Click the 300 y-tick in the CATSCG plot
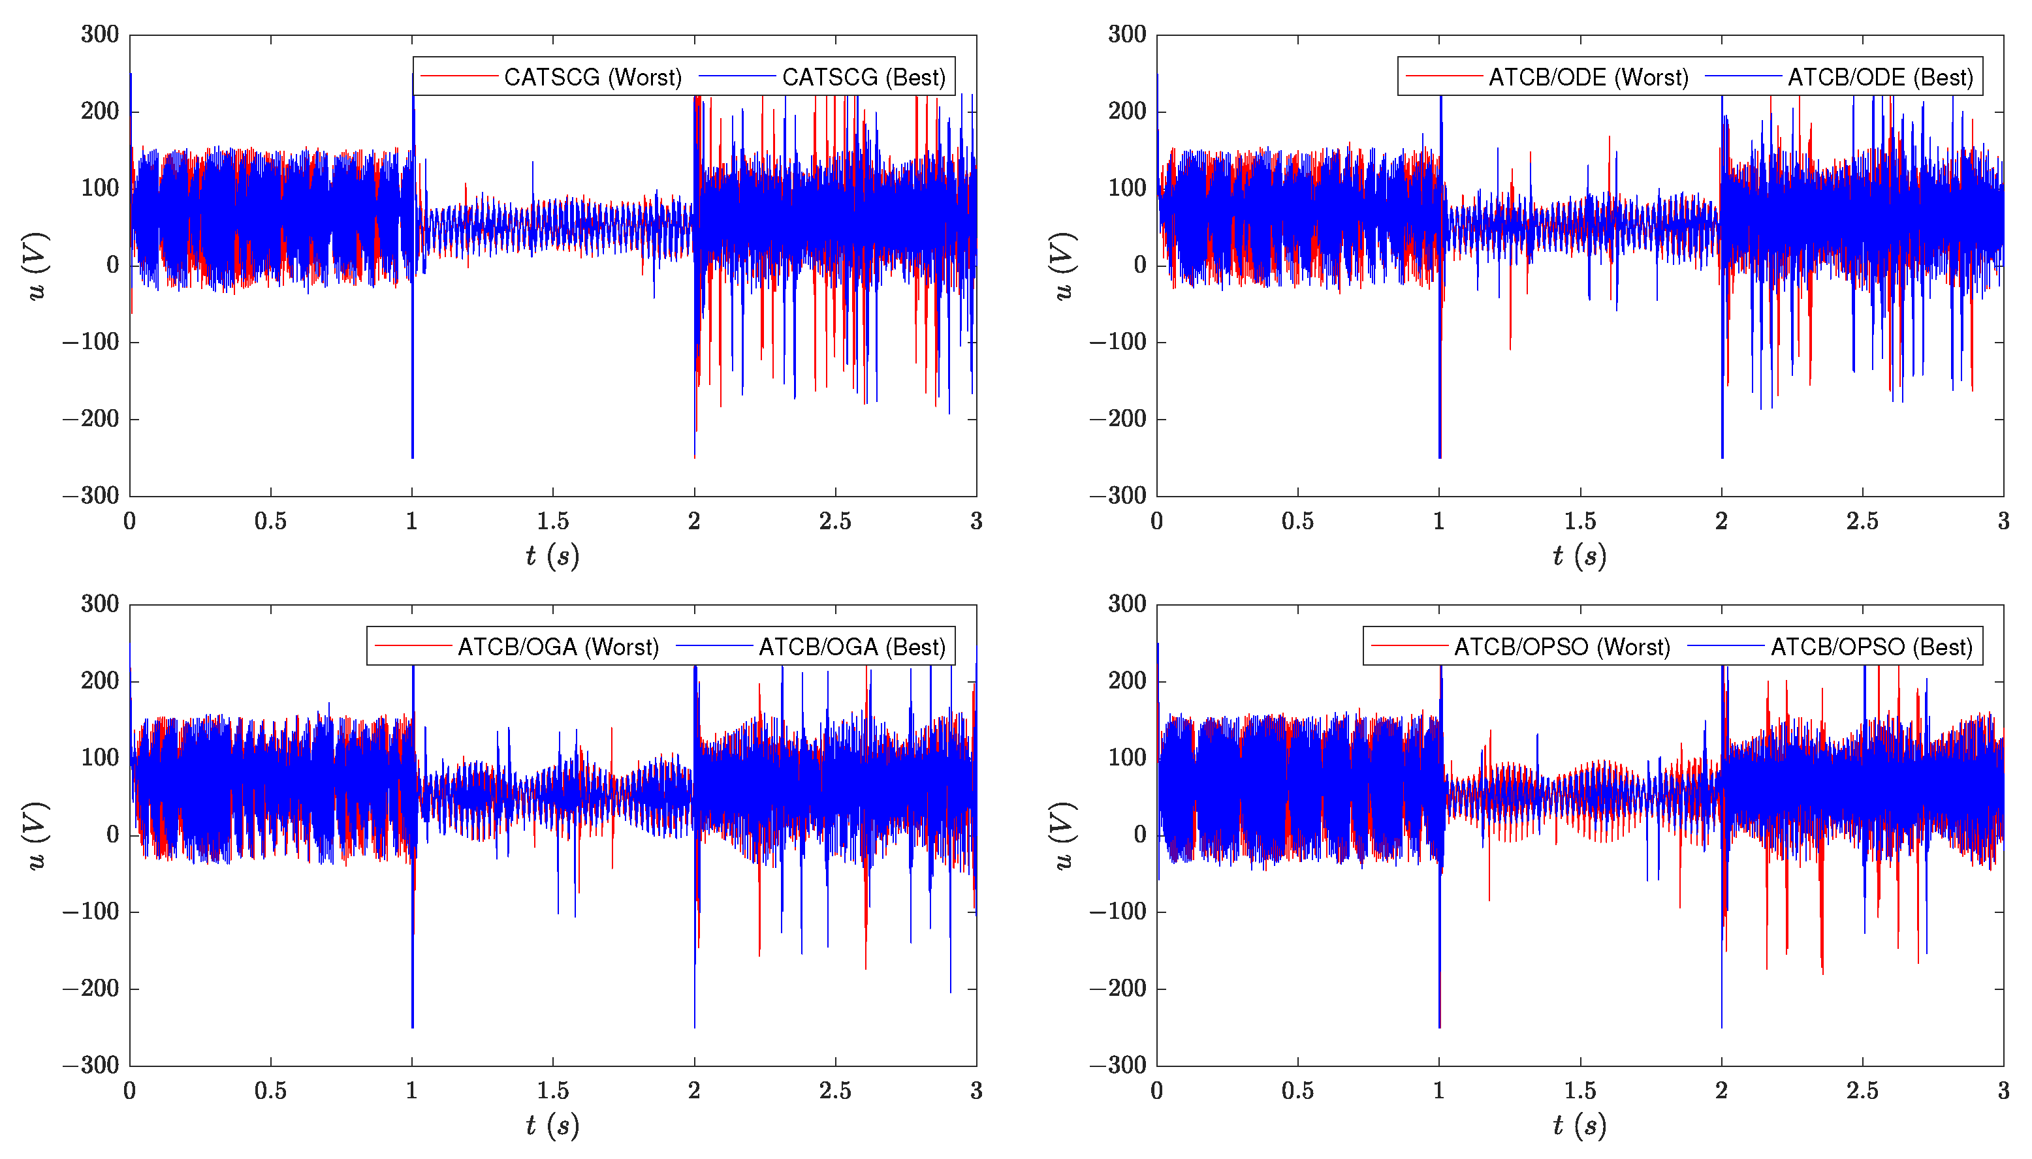[x=99, y=34]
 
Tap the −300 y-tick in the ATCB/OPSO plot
[x=1118, y=1065]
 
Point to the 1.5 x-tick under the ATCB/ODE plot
[x=1580, y=521]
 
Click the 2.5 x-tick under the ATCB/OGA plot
[x=834, y=1090]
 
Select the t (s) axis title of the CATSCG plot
[x=552, y=555]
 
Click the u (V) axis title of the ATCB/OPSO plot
[x=1064, y=836]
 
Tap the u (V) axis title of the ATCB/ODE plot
[x=1064, y=266]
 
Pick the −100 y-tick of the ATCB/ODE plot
[x=1118, y=343]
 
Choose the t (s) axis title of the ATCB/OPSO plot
[x=1579, y=1126]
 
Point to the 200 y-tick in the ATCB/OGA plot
[x=99, y=681]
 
